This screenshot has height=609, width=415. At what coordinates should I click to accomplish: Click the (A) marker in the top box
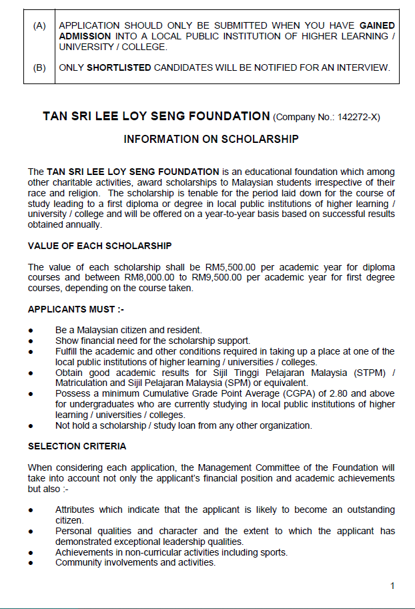[39, 25]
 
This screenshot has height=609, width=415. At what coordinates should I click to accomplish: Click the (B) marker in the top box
[39, 67]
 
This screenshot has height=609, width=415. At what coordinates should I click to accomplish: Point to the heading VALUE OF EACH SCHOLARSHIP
[99, 246]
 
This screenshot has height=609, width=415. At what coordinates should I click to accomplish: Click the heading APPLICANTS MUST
[75, 309]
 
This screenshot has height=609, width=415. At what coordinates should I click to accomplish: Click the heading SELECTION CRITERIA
[77, 446]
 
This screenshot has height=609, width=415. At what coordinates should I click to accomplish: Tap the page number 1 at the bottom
[392, 586]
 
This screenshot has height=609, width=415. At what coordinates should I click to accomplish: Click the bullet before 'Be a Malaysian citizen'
[31, 331]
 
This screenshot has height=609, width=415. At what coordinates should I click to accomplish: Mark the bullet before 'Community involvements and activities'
[31, 563]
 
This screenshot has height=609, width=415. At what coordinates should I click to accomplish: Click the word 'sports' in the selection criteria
[273, 552]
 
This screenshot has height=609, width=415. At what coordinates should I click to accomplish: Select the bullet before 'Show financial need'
[31, 341]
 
